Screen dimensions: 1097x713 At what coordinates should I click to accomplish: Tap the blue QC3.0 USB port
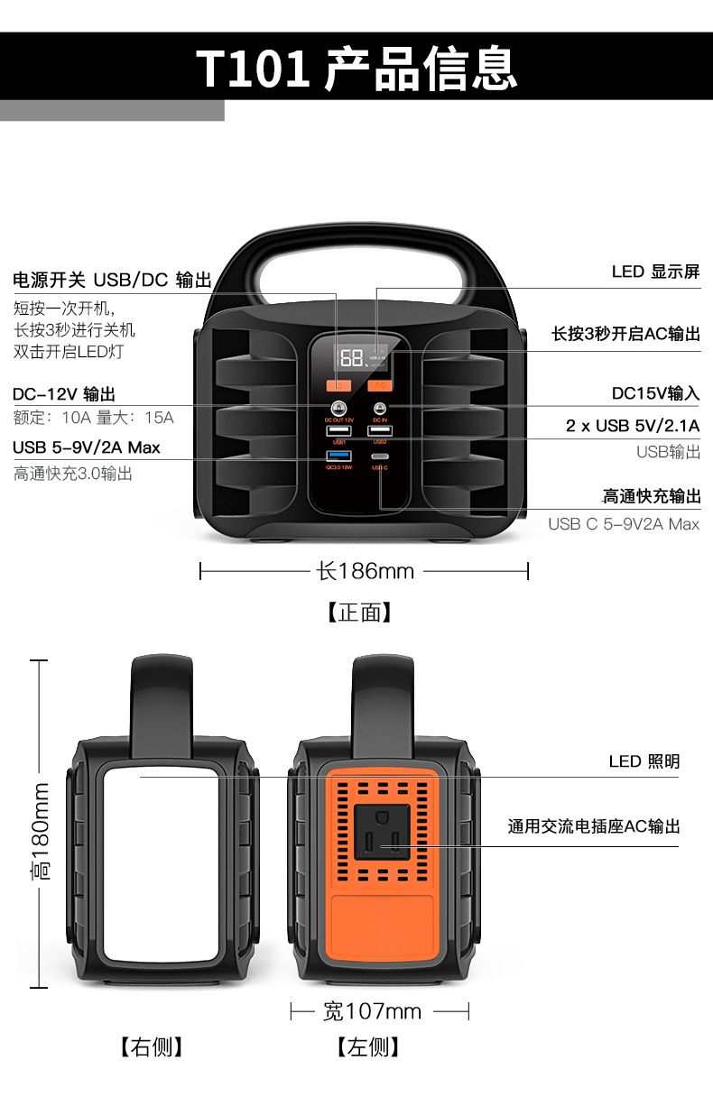pos(338,456)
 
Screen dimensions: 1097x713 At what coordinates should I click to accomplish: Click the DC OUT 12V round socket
pos(339,409)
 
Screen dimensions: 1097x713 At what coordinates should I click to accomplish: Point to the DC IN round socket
pos(379,409)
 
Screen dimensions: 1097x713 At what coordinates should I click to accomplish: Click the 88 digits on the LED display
pos(352,357)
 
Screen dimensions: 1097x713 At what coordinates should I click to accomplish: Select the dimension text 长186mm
pos(365,571)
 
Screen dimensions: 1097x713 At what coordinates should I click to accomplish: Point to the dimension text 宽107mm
pos(372,1011)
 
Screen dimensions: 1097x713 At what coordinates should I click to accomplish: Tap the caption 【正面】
pos(359,613)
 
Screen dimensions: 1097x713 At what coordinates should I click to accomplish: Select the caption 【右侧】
pos(151,1046)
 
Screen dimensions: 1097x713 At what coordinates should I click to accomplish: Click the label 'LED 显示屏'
pos(655,272)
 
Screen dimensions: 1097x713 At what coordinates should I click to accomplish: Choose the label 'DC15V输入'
pos(655,393)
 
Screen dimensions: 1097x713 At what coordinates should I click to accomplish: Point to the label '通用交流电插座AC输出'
pos(593,826)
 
